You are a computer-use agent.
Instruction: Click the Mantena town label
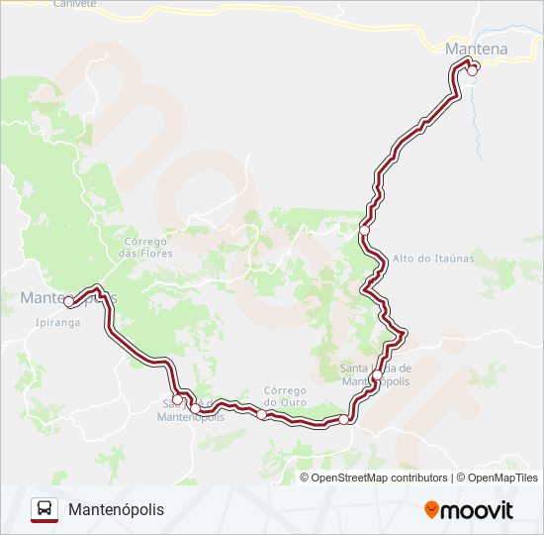[x=477, y=49]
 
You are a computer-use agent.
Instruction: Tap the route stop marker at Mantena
[x=473, y=69]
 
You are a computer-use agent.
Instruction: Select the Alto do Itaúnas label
[x=434, y=259]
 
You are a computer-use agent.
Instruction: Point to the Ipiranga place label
[x=56, y=322]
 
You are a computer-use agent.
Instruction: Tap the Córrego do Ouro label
[x=287, y=395]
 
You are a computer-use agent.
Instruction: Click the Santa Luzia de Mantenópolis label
[x=376, y=374]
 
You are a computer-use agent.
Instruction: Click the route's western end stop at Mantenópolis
[x=68, y=301]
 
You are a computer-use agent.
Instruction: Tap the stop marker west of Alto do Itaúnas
[x=364, y=230]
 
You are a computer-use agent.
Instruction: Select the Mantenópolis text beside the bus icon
[x=117, y=509]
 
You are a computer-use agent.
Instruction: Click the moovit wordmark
[x=478, y=510]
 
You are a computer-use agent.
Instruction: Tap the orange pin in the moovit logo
[x=431, y=510]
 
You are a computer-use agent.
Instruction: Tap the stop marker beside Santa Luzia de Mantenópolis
[x=378, y=374]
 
